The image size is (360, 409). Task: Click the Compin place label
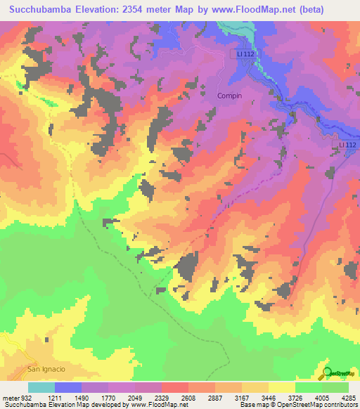point(230,96)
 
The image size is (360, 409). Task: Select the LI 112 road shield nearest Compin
point(243,53)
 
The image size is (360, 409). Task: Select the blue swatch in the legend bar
point(67,387)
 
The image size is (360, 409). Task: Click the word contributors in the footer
point(340,405)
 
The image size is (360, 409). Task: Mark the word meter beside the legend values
point(11,397)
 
